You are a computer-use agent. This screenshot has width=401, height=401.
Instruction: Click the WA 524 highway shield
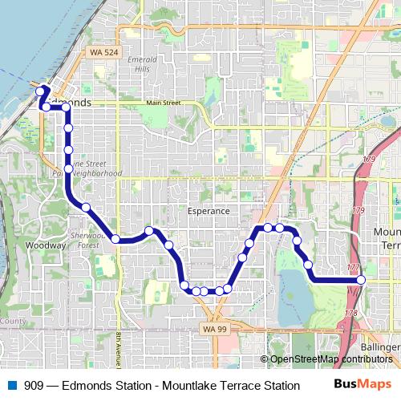click(x=100, y=52)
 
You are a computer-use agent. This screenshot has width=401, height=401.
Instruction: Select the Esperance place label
click(x=208, y=211)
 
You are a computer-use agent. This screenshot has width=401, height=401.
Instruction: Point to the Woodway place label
click(x=39, y=245)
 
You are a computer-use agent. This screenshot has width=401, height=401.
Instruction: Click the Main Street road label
click(x=163, y=103)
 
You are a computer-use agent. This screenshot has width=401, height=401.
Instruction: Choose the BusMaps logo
click(x=368, y=384)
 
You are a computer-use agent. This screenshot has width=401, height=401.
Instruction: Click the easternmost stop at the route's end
click(x=361, y=279)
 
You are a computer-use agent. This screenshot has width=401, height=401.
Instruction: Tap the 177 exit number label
click(x=353, y=267)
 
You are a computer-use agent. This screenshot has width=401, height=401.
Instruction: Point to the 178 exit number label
click(x=350, y=313)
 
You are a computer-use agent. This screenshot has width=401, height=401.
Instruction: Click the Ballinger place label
click(x=380, y=346)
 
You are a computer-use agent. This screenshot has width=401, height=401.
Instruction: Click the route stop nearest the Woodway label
click(x=85, y=208)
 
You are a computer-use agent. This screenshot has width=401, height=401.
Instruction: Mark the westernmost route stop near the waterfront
click(x=40, y=92)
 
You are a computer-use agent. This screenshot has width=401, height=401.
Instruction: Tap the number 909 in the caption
click(x=34, y=385)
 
